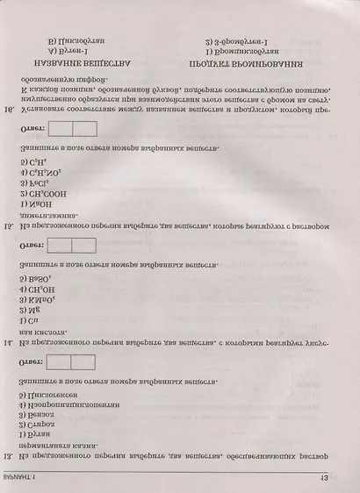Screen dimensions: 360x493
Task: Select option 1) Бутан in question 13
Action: pos(32,434)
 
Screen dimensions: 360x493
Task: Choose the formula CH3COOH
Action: pos(39,193)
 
